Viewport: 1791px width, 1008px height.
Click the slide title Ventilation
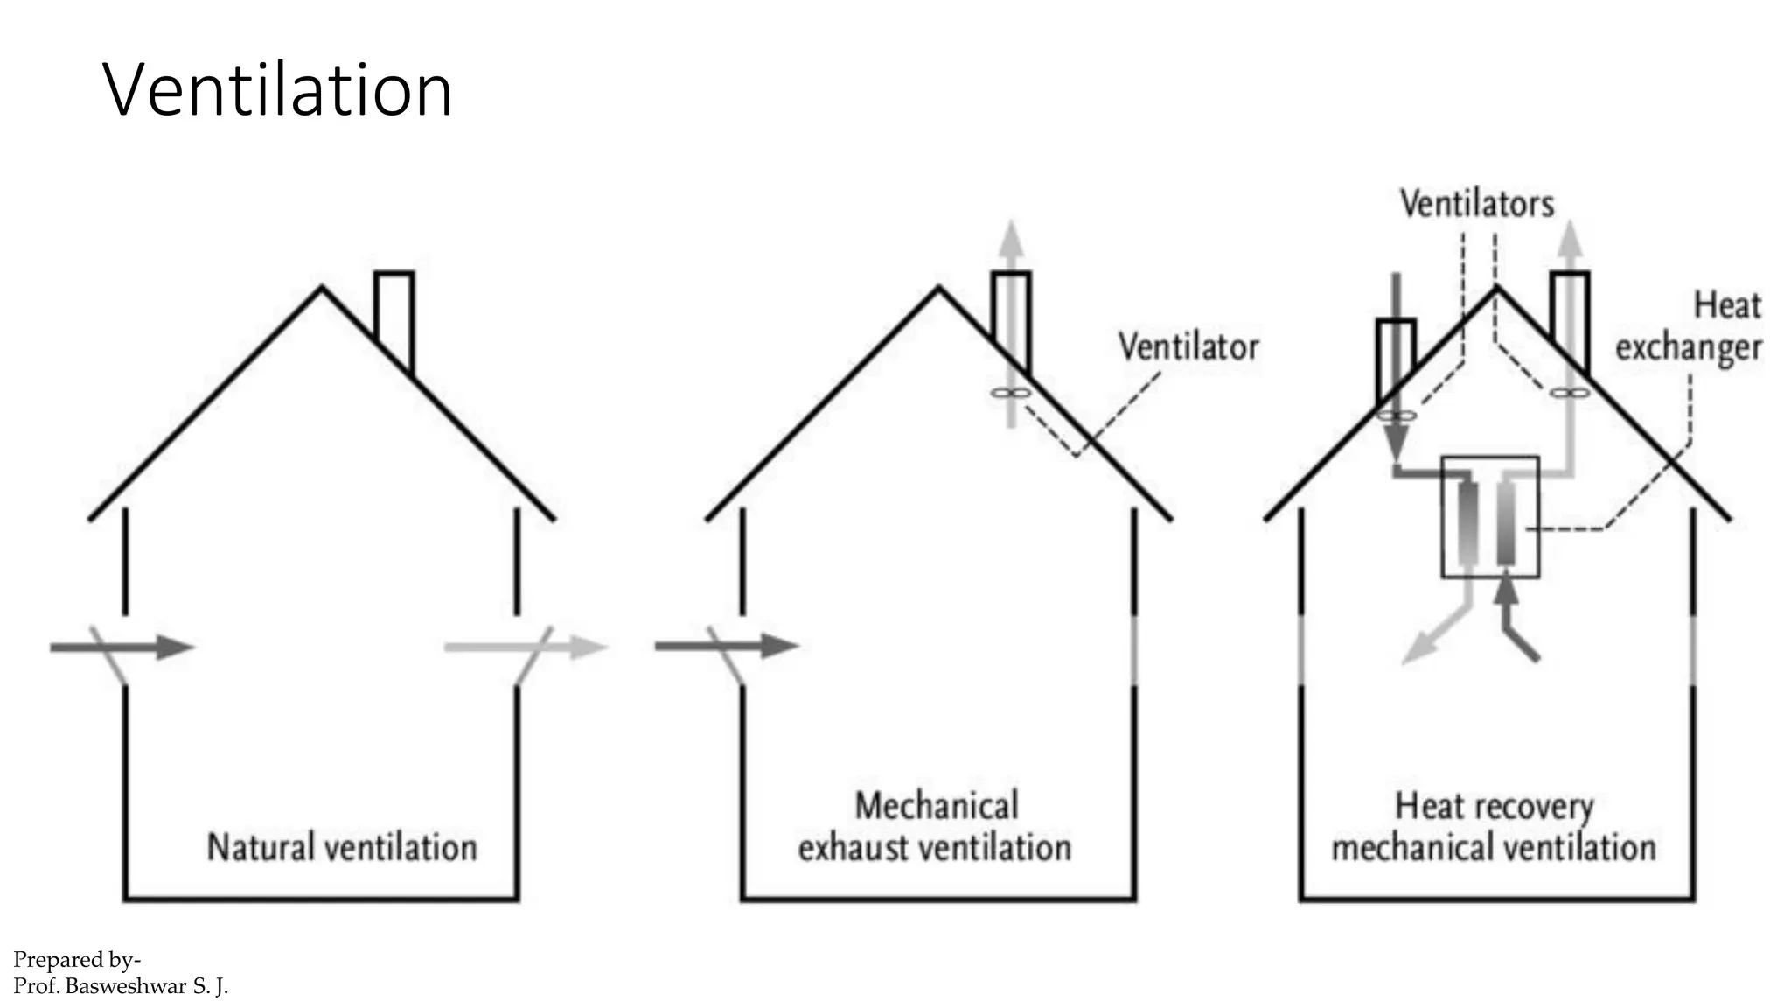click(277, 89)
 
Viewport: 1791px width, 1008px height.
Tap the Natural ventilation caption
click(342, 847)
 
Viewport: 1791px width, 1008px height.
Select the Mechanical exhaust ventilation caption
click(935, 826)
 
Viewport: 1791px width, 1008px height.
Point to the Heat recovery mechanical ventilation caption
click(1494, 826)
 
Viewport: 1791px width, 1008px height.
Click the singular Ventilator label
click(1188, 347)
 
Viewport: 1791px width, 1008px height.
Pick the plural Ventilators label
click(1477, 204)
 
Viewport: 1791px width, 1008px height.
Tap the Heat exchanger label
click(1688, 326)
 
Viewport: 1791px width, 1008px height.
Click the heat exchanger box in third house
click(1489, 517)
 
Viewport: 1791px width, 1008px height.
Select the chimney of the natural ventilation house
click(394, 318)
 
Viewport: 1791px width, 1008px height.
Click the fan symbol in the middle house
click(1009, 394)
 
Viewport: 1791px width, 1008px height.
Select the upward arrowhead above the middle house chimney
click(1011, 238)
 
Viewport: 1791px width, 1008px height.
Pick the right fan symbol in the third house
click(1569, 394)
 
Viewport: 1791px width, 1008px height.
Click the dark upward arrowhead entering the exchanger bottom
click(1505, 592)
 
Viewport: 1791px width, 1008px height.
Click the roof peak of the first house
click(322, 288)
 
